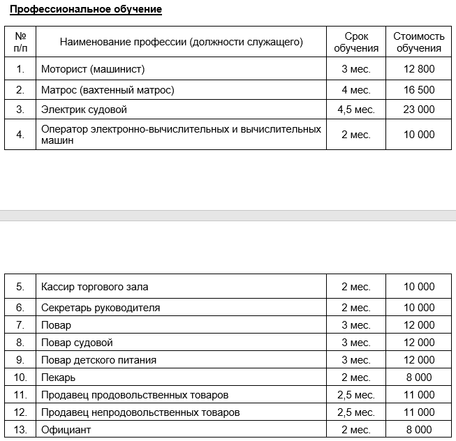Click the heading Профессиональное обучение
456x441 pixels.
point(86,10)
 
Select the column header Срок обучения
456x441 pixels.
point(356,42)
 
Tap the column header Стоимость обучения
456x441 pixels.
point(419,42)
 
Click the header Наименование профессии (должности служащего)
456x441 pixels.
point(182,42)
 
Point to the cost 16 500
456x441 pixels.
point(419,89)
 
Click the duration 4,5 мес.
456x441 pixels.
point(356,110)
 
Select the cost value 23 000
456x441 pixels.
point(419,110)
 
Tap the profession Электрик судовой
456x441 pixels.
point(84,110)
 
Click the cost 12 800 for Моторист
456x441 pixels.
point(419,69)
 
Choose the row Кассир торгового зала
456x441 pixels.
point(94,287)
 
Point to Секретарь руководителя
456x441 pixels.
point(101,308)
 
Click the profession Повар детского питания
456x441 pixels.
point(98,360)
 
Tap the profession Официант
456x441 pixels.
point(66,430)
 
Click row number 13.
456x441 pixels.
point(20,430)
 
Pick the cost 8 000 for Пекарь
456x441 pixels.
point(419,378)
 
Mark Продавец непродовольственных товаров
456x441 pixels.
point(140,412)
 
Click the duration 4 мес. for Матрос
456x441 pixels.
point(356,89)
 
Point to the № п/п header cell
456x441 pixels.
point(20,42)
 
